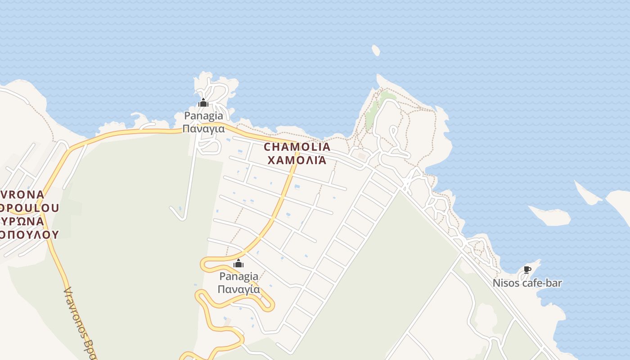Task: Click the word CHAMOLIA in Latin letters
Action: tap(297, 147)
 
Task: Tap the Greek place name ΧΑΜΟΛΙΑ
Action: tap(297, 160)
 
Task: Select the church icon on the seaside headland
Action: tap(203, 103)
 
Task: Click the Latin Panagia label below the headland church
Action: tap(203, 116)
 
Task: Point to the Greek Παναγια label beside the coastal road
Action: tap(203, 129)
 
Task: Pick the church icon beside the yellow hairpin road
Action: tap(238, 263)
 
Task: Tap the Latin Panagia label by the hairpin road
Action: tap(238, 276)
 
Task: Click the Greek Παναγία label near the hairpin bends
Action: tap(238, 289)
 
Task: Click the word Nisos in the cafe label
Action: tap(506, 283)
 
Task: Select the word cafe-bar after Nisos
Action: tap(542, 283)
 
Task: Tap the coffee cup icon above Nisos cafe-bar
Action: tap(527, 270)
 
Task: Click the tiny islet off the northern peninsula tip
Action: tap(376, 50)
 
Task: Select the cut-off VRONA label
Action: tap(22, 195)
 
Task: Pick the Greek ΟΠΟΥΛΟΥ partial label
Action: tap(29, 234)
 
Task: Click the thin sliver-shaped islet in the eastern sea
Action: tap(588, 193)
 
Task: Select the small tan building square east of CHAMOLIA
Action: tap(362, 156)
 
